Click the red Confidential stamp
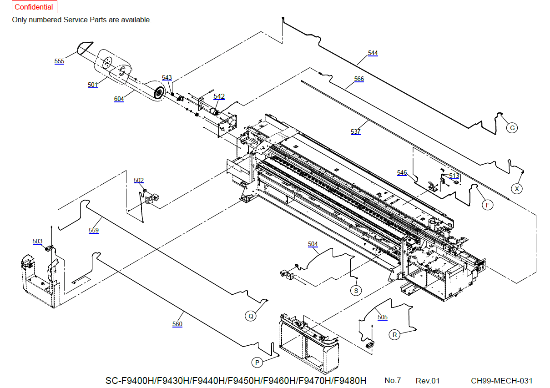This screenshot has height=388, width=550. tap(35, 7)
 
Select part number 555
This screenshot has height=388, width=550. tap(59, 61)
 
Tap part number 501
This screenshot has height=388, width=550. tap(92, 85)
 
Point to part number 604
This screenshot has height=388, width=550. tap(119, 99)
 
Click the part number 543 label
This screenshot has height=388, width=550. tap(167, 77)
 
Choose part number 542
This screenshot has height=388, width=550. tap(219, 96)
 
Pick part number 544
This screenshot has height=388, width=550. tap(373, 53)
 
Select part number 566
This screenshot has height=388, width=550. tap(359, 79)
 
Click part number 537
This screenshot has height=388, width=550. tap(356, 131)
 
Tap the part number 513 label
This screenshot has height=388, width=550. tap(454, 176)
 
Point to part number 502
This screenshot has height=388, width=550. tap(138, 180)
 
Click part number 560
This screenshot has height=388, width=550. tap(177, 324)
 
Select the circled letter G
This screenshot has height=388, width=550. tap(512, 128)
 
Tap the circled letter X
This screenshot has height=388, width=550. tap(517, 189)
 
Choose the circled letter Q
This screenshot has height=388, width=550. tap(251, 316)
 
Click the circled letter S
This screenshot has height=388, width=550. tap(356, 291)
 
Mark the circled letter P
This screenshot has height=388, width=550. tap(257, 363)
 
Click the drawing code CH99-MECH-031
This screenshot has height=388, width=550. tap(501, 381)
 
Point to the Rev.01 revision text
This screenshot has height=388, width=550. tap(428, 381)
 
